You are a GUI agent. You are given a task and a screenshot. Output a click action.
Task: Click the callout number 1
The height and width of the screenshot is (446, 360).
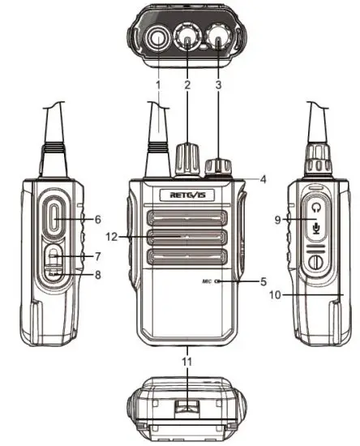click(158, 84)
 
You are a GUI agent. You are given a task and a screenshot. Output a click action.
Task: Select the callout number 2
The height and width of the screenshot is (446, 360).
click(187, 84)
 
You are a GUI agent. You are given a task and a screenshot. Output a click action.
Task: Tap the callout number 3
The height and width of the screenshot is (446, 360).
click(218, 84)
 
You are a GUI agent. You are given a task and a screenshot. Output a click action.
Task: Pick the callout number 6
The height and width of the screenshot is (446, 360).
click(97, 219)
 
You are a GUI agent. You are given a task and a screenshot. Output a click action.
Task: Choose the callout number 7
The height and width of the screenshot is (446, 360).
click(97, 256)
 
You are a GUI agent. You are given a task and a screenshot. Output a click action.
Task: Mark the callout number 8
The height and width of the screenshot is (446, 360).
click(97, 275)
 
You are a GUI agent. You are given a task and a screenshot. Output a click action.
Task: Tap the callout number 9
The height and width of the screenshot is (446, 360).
click(278, 219)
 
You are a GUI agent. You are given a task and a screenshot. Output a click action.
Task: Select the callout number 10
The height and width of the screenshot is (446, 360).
click(278, 295)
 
